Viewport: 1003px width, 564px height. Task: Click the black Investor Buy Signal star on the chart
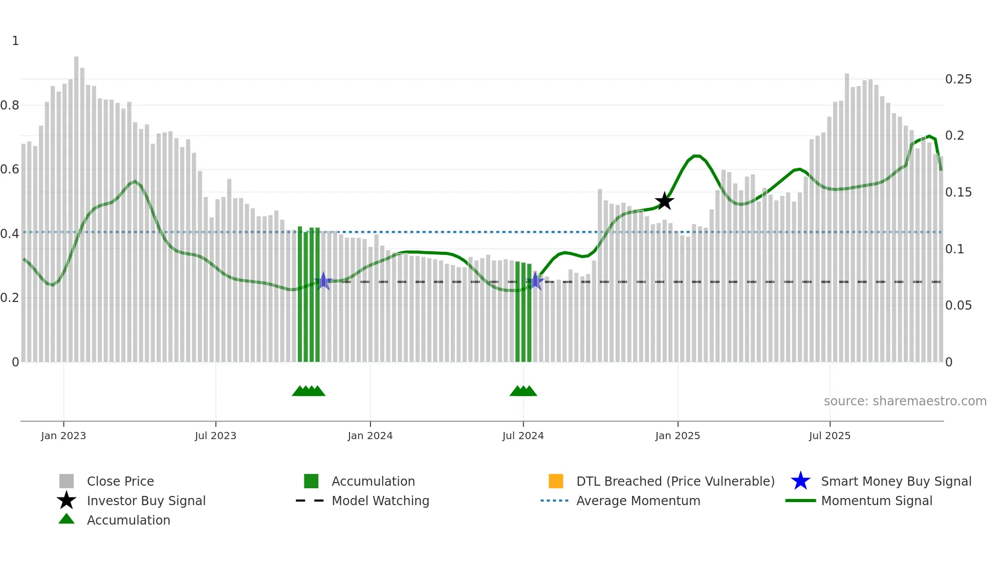664,201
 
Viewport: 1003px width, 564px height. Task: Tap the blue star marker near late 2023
323,281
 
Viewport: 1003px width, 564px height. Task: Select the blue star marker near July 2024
535,281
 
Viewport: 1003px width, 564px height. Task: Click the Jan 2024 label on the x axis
370,436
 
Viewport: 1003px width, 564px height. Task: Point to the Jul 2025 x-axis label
830,436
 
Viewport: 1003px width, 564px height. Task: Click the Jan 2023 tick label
63,436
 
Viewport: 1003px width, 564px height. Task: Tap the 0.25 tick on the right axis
958,79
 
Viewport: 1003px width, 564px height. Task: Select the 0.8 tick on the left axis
10,105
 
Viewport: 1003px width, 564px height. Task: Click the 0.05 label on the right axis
958,306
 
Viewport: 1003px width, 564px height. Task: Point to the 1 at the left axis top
15,41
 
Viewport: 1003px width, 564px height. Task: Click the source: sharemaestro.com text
905,401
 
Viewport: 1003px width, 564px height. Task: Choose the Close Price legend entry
120,481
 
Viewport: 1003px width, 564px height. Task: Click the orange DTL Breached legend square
556,481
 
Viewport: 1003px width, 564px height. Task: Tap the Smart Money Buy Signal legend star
800,481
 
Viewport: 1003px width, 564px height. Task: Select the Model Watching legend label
380,501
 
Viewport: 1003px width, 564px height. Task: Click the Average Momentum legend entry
638,501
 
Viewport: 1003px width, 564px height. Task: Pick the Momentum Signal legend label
876,501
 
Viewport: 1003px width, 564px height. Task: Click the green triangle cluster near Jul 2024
523,391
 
